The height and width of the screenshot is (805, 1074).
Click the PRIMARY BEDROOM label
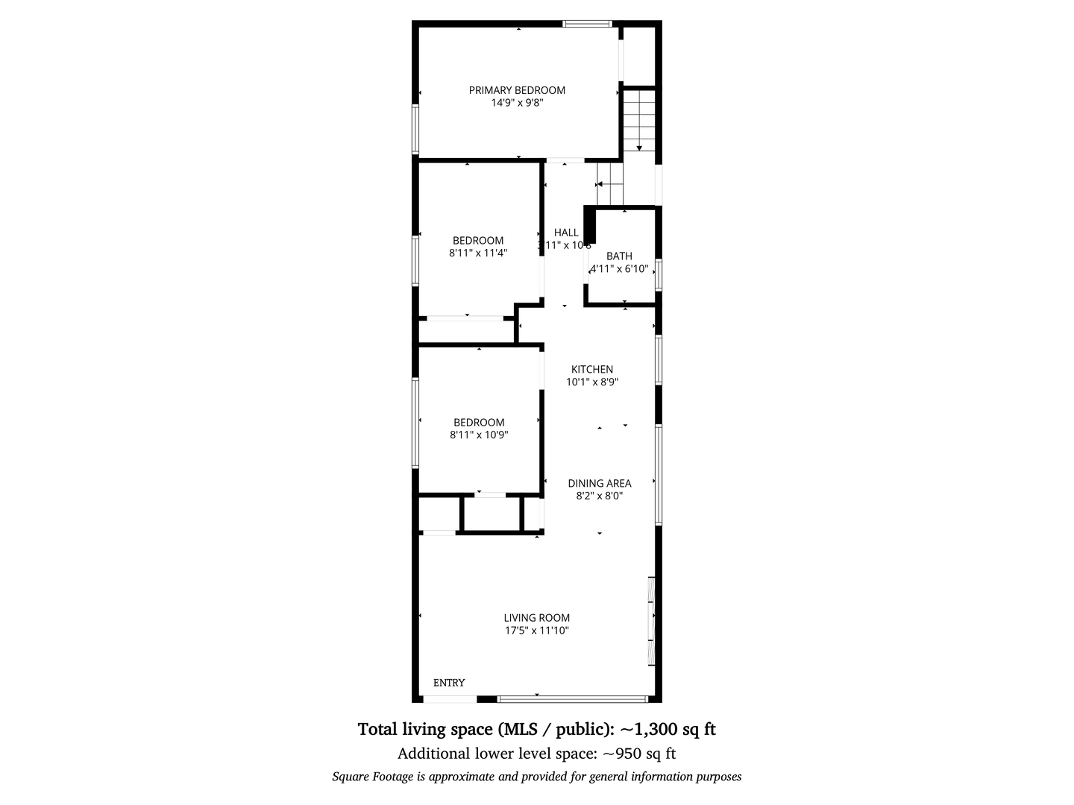[517, 90]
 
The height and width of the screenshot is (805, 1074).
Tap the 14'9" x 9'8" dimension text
[517, 103]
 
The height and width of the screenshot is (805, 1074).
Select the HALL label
[566, 233]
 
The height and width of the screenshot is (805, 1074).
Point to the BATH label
[619, 256]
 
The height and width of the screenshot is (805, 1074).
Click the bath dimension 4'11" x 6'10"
[620, 268]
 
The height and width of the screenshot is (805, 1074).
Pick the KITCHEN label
[592, 369]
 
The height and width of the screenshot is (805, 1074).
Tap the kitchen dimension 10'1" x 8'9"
[592, 382]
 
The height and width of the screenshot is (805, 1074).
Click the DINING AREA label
[600, 483]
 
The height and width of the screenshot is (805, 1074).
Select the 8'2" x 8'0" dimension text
[600, 496]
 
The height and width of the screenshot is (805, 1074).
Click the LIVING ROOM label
[537, 617]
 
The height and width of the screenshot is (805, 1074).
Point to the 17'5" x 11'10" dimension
[537, 630]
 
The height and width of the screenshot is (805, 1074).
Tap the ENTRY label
[449, 683]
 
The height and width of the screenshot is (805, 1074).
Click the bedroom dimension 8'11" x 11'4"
[478, 253]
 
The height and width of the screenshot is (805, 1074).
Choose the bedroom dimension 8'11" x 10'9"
[479, 435]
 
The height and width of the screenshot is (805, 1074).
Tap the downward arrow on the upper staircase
[639, 148]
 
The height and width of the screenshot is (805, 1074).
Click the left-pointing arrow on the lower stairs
[600, 184]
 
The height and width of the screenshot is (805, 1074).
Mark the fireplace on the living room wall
[652, 621]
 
